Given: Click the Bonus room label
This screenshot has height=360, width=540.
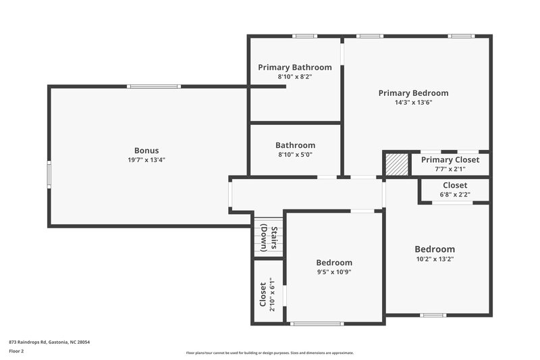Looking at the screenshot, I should pos(146,150).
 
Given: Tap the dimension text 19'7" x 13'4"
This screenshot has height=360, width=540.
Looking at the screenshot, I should pos(146,160).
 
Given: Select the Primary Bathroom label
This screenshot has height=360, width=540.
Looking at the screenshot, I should pos(295,67).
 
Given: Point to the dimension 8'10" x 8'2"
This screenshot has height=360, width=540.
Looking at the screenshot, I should pos(295,77).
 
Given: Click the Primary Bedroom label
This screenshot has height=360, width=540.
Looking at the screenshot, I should pos(413,93).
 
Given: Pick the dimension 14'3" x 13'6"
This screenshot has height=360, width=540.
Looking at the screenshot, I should pos(413,103).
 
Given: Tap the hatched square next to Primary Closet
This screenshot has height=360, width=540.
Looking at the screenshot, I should pos(397,165).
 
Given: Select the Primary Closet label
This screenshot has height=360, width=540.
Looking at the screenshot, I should pos(450,160).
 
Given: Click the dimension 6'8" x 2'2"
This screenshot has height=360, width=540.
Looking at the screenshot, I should pos(454,195).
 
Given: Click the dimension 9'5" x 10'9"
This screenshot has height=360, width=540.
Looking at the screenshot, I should pos(334,272).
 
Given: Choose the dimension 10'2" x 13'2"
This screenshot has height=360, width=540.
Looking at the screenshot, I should pos(434,259).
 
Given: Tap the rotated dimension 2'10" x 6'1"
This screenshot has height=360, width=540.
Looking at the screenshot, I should pos(272,295).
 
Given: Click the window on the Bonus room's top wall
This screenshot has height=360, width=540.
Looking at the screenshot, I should pos(154,86).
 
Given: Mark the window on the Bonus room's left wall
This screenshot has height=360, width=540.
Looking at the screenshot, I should pos(48,174).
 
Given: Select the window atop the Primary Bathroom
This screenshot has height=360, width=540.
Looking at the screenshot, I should pos(304,36).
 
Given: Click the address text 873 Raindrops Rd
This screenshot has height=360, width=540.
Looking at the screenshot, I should pos(49,342).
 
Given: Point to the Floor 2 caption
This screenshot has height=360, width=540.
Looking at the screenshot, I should pos(16,351).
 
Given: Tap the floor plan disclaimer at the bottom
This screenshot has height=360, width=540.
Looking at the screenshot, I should pos(270,353).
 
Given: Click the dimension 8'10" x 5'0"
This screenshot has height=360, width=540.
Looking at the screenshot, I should pos(295,155).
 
